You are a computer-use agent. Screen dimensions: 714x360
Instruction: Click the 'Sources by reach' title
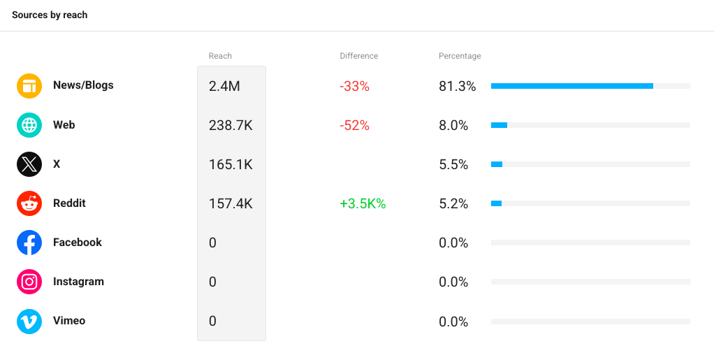pos(50,15)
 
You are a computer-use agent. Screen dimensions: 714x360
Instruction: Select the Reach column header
pos(220,56)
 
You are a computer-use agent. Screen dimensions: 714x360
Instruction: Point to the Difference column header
pos(359,56)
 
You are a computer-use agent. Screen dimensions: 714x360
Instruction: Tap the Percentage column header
pos(460,56)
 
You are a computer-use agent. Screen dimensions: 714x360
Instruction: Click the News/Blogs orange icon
pos(29,86)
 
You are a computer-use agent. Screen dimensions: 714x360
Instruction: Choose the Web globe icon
pos(29,125)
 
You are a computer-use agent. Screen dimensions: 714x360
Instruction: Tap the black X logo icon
pos(29,164)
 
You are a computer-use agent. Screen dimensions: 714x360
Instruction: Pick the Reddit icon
pos(29,203)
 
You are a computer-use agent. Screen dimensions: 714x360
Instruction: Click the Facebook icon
pos(29,243)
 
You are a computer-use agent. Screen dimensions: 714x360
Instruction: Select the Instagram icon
pos(29,282)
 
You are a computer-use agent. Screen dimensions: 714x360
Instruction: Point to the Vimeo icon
pos(29,322)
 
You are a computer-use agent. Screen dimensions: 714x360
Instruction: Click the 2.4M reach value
pos(224,86)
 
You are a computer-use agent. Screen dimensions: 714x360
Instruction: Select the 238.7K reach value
pos(231,125)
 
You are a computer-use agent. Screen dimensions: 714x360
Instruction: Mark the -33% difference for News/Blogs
pos(355,86)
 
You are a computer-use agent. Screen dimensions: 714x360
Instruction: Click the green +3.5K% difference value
pos(363,203)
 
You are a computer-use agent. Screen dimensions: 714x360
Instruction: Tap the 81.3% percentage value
pos(457,86)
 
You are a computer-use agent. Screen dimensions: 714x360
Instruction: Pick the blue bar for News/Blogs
pos(572,86)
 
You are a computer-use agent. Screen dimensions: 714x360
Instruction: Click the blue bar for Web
pos(499,125)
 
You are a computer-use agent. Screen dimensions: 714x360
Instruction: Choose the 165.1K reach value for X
pos(231,164)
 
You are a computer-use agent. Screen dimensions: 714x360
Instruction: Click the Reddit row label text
pos(69,203)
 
